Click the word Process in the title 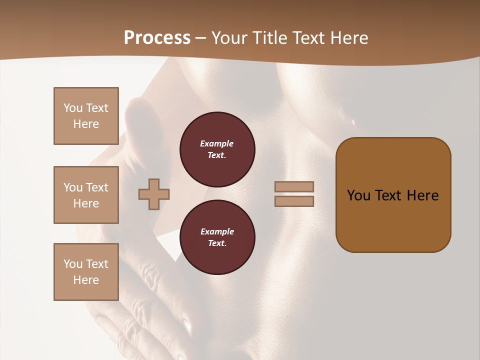pos(157,38)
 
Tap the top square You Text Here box pos(86,116)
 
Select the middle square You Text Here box pos(86,195)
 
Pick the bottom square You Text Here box pos(86,272)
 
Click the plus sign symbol pos(154,194)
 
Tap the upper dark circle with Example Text pos(217,149)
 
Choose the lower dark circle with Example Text pos(217,237)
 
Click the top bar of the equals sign pos(294,187)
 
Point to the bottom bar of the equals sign pos(294,201)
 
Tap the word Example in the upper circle pos(217,144)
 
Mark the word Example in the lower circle pos(217,232)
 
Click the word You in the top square pos(73,108)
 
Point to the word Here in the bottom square pos(86,280)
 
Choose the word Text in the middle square pos(97,187)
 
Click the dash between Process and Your pos(201,38)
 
